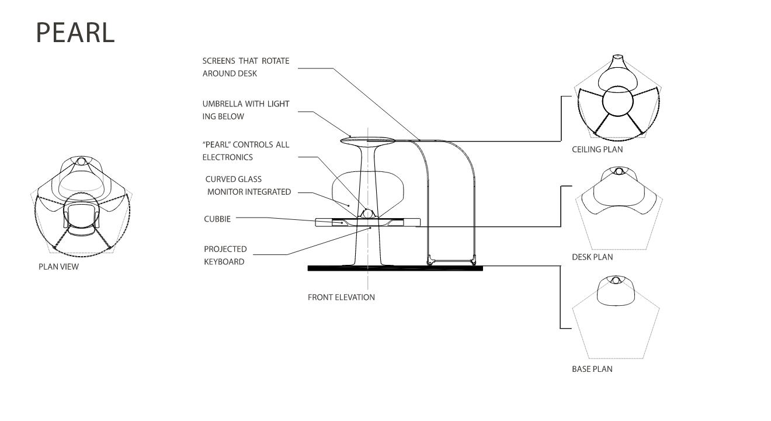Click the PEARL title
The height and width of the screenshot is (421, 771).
click(x=75, y=33)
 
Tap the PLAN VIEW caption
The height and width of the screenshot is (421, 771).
click(x=58, y=267)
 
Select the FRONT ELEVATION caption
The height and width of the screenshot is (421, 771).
click(x=341, y=297)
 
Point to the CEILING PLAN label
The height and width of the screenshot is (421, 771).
click(x=597, y=150)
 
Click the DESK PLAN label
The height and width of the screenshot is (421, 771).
click(x=592, y=257)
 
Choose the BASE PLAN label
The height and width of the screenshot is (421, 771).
click(x=592, y=369)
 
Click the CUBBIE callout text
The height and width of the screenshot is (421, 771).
click(x=217, y=219)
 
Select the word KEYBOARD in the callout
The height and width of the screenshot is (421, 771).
click(x=224, y=262)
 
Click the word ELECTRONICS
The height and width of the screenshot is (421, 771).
click(x=228, y=157)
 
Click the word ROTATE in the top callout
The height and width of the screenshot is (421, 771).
click(x=275, y=61)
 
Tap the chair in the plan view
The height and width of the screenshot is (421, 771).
click(x=81, y=219)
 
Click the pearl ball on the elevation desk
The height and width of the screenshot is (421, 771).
click(x=368, y=213)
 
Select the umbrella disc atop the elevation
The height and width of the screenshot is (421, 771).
click(x=367, y=140)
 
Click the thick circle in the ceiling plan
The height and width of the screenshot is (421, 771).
click(x=618, y=101)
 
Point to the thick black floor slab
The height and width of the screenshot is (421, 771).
click(x=395, y=268)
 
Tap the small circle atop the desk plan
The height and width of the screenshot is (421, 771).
click(x=619, y=171)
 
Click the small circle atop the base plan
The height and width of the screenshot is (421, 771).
click(x=616, y=280)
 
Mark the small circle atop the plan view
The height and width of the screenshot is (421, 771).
click(x=81, y=161)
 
